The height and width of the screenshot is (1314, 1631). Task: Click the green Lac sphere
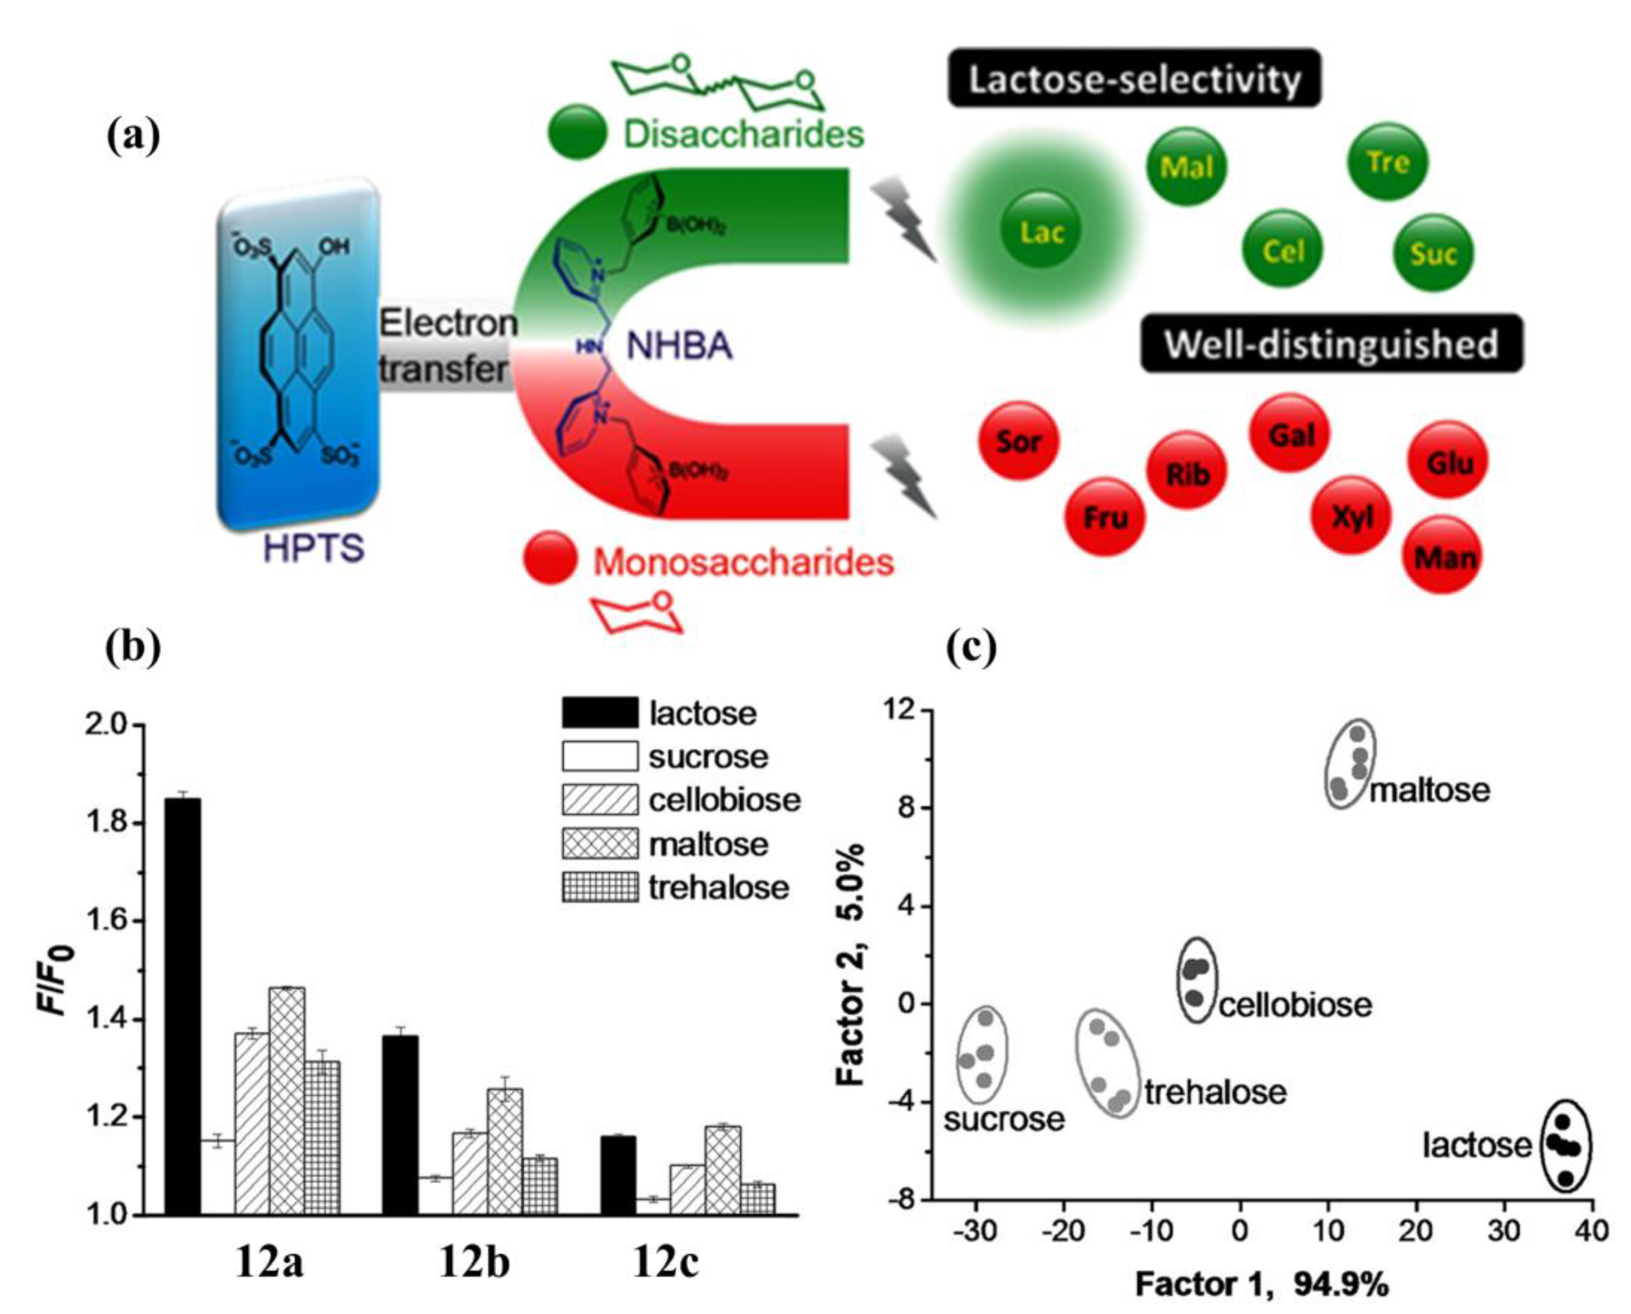[1041, 231]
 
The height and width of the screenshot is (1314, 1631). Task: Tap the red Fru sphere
[1105, 517]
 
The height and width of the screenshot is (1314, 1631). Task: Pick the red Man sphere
[1443, 556]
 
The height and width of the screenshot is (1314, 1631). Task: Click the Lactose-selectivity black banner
[1134, 79]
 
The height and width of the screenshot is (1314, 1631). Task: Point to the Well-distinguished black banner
[1331, 343]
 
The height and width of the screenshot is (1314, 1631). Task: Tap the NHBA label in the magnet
[679, 346]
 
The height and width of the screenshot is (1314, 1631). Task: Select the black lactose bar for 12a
[183, 1007]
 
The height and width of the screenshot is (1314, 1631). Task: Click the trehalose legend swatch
[599, 887]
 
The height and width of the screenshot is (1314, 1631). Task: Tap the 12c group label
[665, 1260]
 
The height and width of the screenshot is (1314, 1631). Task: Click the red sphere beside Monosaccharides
[550, 558]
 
